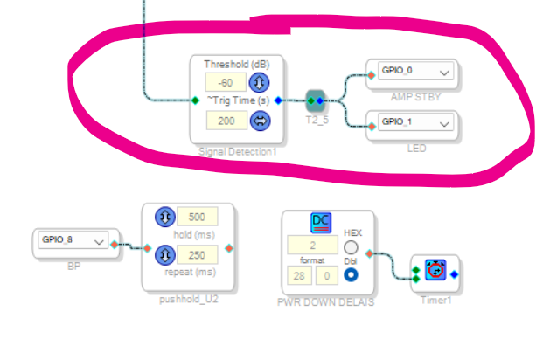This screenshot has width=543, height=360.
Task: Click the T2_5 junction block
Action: [x=317, y=100]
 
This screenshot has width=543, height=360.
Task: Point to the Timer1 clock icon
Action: [x=435, y=273]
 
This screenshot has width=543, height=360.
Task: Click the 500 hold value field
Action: [x=197, y=218]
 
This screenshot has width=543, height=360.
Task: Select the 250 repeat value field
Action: [x=197, y=255]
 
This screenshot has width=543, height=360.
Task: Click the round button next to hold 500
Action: [x=165, y=218]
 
